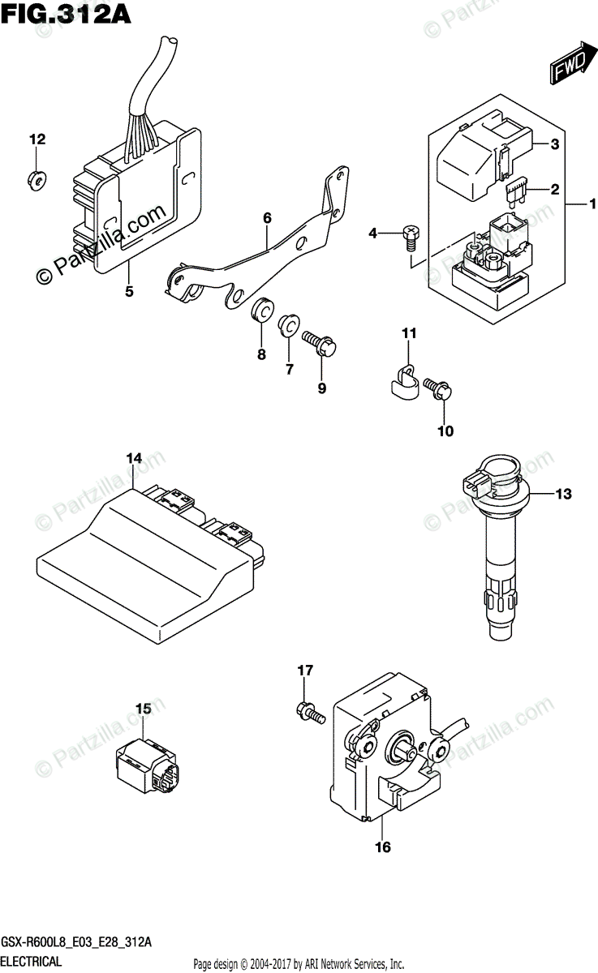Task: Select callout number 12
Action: pyautogui.click(x=35, y=139)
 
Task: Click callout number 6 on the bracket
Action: pyautogui.click(x=266, y=217)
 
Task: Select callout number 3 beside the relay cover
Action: pyautogui.click(x=554, y=145)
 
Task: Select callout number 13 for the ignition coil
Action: pyautogui.click(x=562, y=493)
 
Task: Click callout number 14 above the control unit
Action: pyautogui.click(x=133, y=459)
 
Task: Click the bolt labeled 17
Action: pyautogui.click(x=308, y=713)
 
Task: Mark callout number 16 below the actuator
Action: pyautogui.click(x=383, y=848)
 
